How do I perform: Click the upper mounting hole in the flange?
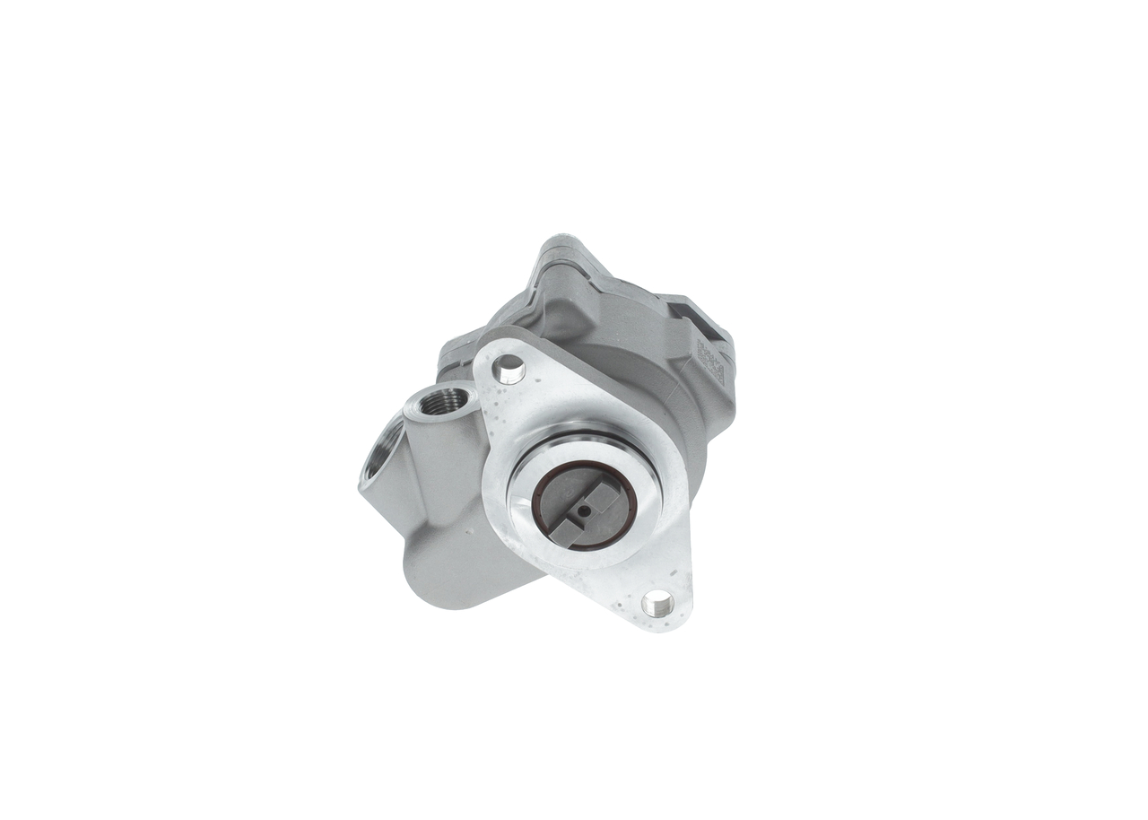click(509, 367)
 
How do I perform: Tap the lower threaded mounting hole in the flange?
click(657, 604)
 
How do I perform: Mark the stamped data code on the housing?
click(710, 361)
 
